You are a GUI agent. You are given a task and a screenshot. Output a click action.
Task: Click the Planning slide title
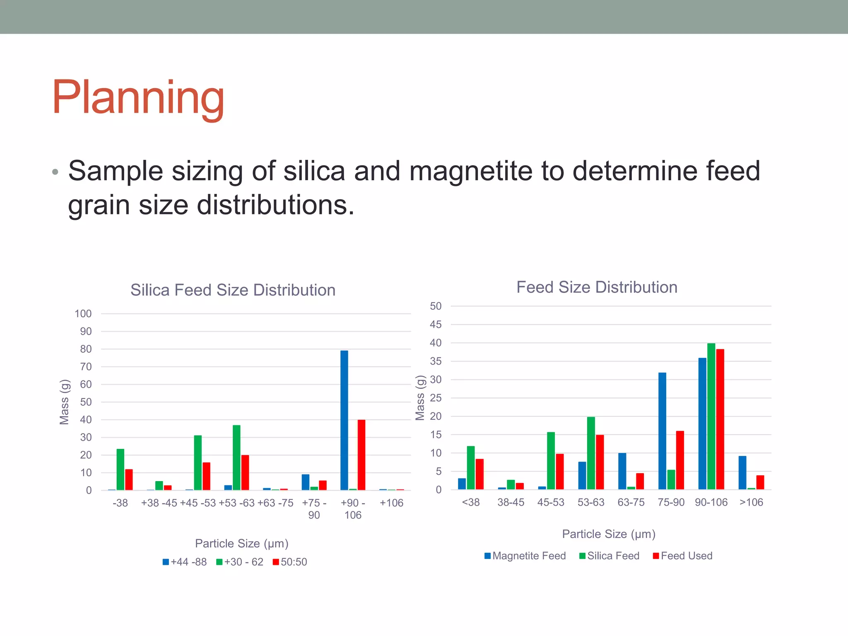point(138,98)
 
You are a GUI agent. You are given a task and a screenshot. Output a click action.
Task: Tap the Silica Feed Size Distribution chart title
point(233,290)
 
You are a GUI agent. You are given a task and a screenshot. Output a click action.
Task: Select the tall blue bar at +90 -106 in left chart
point(344,420)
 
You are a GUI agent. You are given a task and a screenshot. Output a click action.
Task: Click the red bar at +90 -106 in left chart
point(361,455)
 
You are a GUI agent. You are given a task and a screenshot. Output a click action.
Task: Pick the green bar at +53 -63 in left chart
point(236,458)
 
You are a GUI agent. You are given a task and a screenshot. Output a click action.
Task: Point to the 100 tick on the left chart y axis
point(83,313)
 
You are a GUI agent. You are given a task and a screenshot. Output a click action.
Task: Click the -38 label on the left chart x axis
point(120,503)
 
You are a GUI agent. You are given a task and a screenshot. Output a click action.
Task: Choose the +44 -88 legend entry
point(185,562)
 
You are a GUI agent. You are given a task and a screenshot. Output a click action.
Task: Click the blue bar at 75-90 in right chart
point(662,431)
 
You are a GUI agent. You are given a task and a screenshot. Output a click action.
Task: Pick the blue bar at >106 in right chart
point(742,472)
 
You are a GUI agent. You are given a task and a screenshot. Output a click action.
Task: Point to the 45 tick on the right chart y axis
point(436,324)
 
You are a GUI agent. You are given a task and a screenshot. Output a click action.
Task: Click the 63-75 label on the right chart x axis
point(631,502)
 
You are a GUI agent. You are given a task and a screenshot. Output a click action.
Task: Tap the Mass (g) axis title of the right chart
point(420,397)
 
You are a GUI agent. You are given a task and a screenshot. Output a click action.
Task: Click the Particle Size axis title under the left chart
point(241,543)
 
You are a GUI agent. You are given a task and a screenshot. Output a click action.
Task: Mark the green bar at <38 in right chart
point(471,467)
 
